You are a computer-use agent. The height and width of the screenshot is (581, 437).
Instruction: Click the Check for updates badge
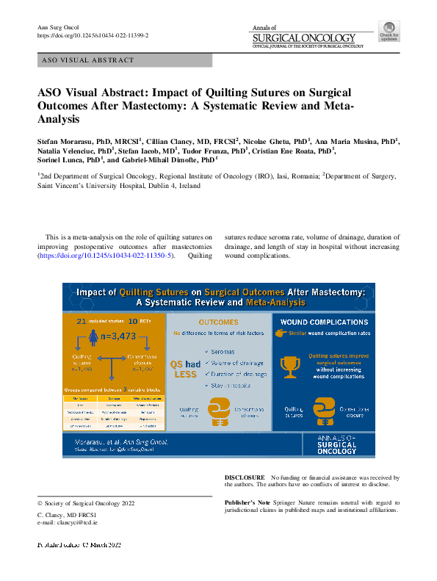(x=389, y=32)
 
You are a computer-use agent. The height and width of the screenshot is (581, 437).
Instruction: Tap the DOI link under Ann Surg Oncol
(x=93, y=35)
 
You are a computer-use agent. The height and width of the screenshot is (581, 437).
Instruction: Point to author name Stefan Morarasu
(x=71, y=139)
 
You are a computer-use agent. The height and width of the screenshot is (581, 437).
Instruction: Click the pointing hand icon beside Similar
(x=280, y=333)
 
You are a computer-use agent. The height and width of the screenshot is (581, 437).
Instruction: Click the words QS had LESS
(x=185, y=367)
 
